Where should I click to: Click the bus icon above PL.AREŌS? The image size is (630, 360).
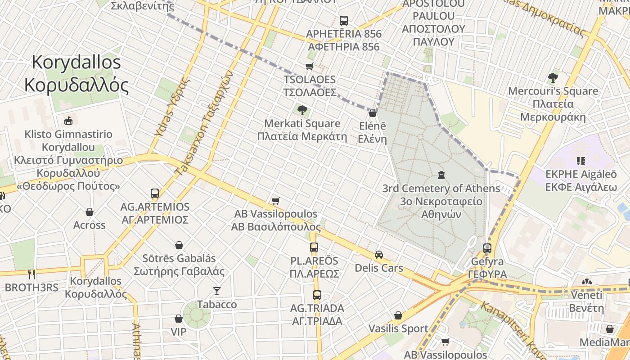click(x=314, y=247)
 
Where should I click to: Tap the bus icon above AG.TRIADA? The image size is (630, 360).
click(x=317, y=295)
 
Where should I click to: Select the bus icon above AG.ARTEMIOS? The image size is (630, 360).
click(x=155, y=193)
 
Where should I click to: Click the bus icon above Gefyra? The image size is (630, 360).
click(x=487, y=248)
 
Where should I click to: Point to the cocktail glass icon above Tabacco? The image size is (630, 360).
click(x=217, y=291)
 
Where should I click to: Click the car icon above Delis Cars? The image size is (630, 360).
click(x=379, y=255)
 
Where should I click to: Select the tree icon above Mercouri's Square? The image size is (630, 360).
click(x=553, y=77)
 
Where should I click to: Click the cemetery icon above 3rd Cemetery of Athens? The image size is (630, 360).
click(x=441, y=175)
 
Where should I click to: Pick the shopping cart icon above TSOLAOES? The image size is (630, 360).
click(x=309, y=67)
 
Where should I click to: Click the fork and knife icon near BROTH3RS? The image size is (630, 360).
click(x=31, y=274)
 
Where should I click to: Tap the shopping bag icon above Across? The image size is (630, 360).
click(x=90, y=211)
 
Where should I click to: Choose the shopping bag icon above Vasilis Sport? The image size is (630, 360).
click(x=398, y=315)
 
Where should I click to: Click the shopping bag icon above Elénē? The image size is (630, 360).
click(x=372, y=113)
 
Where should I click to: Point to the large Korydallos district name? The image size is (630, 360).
click(x=76, y=74)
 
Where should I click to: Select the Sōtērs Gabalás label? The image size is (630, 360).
click(x=179, y=265)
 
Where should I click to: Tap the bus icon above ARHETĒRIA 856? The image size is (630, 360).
click(x=344, y=21)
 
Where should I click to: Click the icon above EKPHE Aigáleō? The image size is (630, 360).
click(x=580, y=161)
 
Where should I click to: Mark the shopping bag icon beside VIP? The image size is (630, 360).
click(x=179, y=319)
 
